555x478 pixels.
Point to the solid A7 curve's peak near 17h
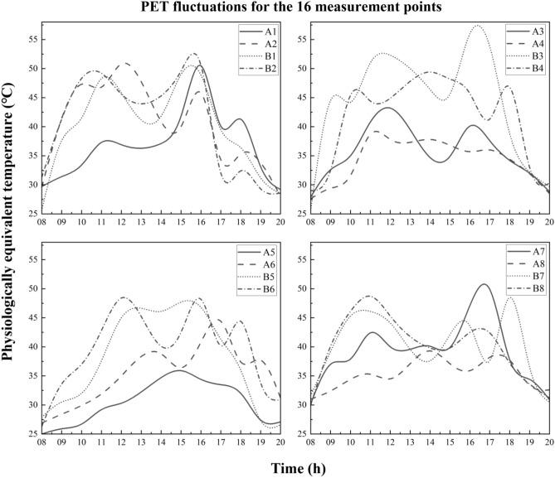coord(483,307)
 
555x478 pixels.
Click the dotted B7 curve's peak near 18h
coord(510,321)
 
